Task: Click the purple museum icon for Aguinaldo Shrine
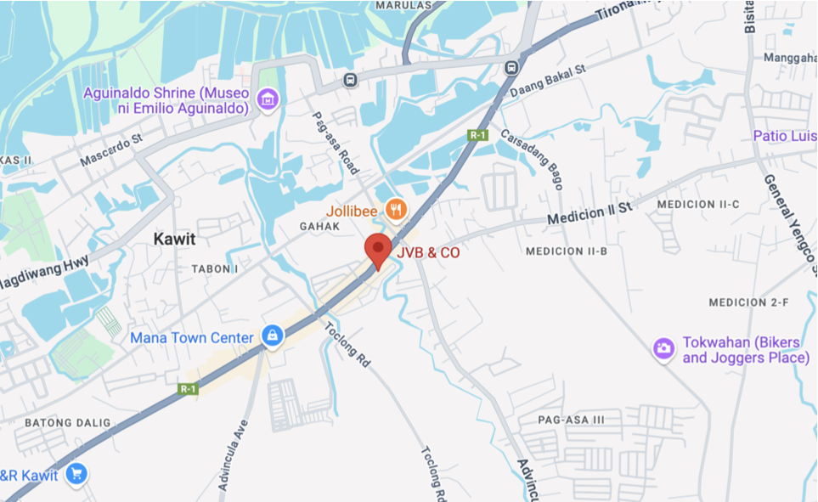click(x=268, y=99)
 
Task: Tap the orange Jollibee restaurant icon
click(x=394, y=208)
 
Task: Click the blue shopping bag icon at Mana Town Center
click(x=272, y=336)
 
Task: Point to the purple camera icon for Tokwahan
click(x=663, y=347)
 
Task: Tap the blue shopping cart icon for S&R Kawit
click(x=77, y=474)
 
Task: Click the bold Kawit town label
click(x=174, y=240)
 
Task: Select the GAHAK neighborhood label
click(x=319, y=227)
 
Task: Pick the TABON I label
click(x=215, y=268)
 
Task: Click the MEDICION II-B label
click(x=567, y=251)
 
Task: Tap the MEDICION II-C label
click(x=698, y=205)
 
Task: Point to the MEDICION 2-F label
click(x=748, y=302)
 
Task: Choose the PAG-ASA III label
click(x=571, y=420)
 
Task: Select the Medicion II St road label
click(x=590, y=213)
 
